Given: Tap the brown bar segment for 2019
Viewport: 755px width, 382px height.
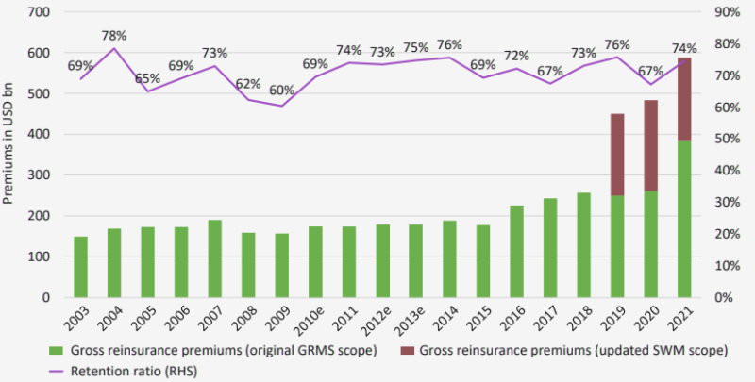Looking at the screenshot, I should click(x=618, y=155).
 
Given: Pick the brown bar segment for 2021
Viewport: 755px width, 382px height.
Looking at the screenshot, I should click(x=685, y=99).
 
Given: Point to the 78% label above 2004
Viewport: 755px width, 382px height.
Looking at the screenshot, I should click(x=114, y=36).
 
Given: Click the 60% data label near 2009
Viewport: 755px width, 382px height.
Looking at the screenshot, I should click(x=281, y=89).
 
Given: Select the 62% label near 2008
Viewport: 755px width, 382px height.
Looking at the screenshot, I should click(x=247, y=82).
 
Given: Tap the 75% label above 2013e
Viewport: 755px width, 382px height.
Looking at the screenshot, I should click(x=415, y=47).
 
